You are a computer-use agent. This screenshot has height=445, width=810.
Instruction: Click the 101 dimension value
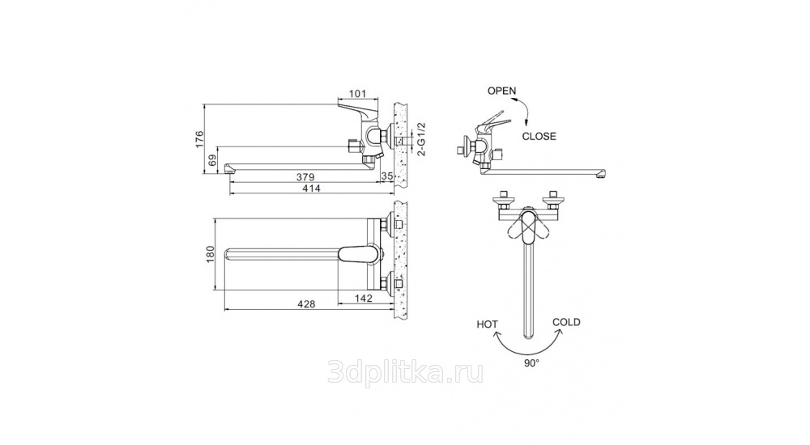click(x=357, y=93)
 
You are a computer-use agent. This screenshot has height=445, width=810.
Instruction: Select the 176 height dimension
click(x=200, y=139)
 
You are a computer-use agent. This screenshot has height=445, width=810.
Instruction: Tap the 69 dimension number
click(x=211, y=161)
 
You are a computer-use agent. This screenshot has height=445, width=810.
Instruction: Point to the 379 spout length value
click(x=305, y=177)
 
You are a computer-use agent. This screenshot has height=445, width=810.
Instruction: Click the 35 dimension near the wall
click(x=387, y=176)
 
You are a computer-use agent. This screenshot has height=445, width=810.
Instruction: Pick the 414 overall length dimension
click(x=312, y=189)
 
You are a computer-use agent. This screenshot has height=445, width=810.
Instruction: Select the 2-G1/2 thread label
click(x=421, y=139)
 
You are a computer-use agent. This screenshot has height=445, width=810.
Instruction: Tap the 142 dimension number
click(x=364, y=299)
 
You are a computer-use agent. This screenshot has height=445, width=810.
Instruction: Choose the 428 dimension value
click(x=306, y=304)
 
